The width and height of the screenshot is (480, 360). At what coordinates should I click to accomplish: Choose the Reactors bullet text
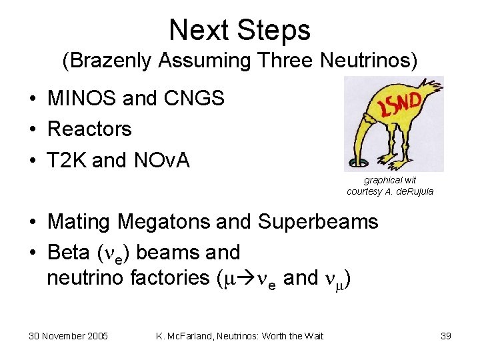point(89,129)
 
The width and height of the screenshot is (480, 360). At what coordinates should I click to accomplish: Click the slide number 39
point(445,335)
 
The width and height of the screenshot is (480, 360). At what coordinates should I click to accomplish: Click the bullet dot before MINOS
point(32,99)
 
